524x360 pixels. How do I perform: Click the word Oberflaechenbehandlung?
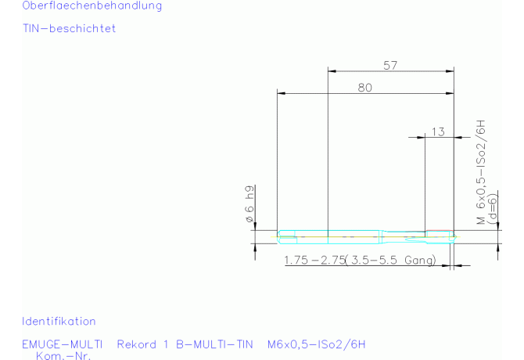[x=92, y=5]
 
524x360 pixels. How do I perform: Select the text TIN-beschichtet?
[x=69, y=28]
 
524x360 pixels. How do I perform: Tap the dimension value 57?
[x=390, y=66]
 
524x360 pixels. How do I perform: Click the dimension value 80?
[x=365, y=88]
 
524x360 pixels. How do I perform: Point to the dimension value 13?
[x=438, y=132]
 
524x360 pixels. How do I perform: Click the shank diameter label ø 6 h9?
[x=249, y=204]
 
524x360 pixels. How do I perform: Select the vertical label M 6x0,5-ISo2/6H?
[x=481, y=172]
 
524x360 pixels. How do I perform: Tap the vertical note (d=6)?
[x=493, y=209]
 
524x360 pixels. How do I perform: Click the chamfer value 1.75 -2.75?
[x=314, y=260]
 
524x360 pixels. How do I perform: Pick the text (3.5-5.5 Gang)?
[x=390, y=260]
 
